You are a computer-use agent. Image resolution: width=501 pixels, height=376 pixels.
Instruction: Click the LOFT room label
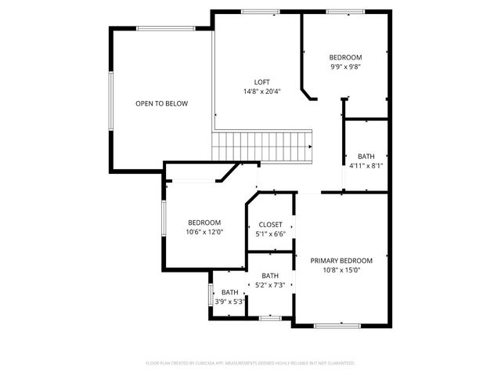point(262,81)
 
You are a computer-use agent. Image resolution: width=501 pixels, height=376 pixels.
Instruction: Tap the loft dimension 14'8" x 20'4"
point(262,92)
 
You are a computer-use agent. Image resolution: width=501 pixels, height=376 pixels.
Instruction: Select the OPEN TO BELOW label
point(161,103)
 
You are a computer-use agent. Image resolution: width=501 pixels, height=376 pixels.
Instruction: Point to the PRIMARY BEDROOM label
point(341,260)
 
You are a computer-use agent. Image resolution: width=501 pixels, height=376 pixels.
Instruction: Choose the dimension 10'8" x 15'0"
point(341,270)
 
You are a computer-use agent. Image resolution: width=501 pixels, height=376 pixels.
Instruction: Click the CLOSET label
point(270,225)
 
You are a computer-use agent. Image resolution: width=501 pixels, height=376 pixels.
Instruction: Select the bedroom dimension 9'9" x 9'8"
point(345,67)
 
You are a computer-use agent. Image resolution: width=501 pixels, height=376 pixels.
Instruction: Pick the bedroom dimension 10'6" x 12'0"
point(204,232)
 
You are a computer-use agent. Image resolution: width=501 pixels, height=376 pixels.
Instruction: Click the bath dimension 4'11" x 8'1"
point(365,165)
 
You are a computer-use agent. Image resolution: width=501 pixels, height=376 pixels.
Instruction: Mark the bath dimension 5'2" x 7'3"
point(270,285)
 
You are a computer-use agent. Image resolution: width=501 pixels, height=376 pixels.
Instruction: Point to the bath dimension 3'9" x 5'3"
point(229,301)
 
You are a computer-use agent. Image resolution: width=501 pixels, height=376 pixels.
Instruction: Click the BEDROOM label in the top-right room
point(345,57)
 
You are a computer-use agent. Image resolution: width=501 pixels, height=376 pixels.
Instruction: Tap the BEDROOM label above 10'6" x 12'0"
point(204,222)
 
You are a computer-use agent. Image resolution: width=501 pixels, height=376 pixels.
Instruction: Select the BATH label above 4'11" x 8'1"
point(366,155)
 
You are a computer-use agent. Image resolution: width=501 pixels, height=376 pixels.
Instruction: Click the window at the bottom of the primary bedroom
point(337,324)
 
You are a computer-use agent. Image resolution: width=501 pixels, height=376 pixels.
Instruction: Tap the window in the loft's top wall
point(260,11)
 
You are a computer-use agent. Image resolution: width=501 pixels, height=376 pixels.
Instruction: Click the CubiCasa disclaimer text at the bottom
point(250,363)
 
